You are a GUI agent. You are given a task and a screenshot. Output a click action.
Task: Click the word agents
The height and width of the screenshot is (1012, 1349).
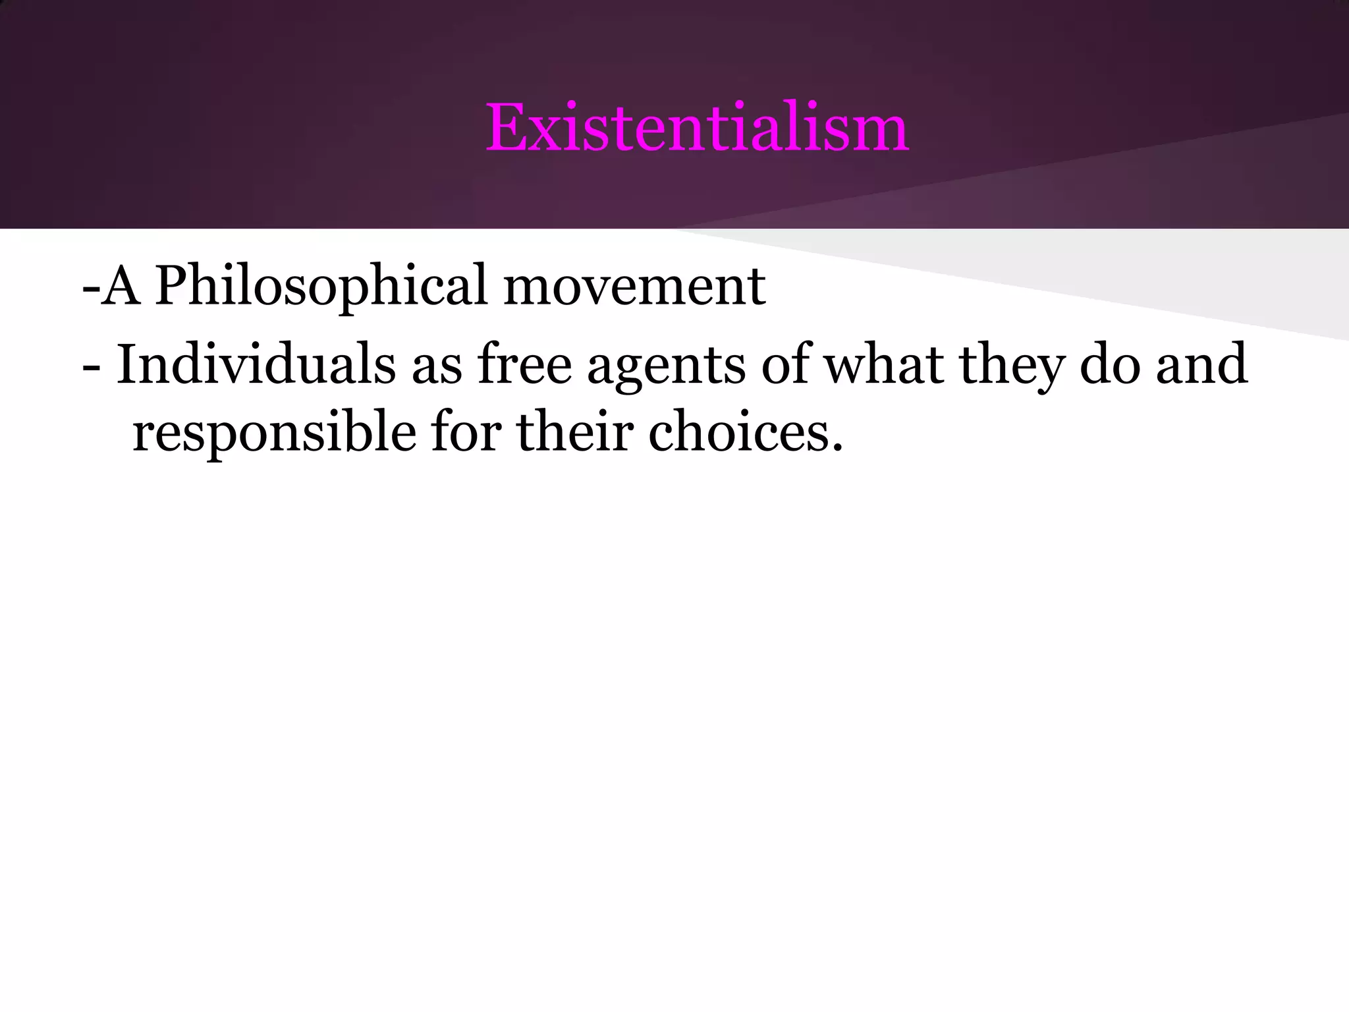[x=666, y=366]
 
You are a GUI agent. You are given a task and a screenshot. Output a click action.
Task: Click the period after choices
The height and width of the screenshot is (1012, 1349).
[x=837, y=450]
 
